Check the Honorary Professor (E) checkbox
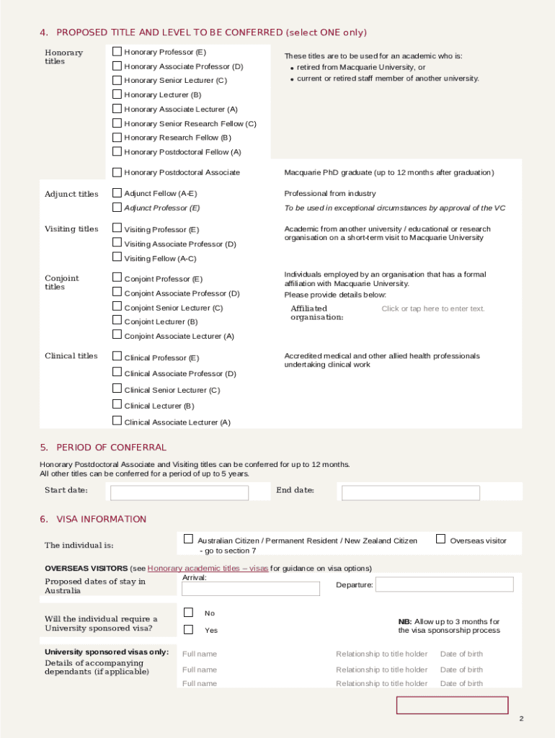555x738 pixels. (117, 52)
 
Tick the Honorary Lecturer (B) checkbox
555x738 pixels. (117, 94)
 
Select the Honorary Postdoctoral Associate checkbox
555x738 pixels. (117, 172)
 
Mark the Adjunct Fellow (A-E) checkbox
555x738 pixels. (117, 193)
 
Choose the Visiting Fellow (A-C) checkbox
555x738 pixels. (117, 257)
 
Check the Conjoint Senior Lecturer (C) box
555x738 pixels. (117, 307)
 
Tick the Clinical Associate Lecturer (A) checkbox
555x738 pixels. (117, 421)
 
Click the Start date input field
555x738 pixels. (179, 493)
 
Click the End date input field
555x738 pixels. (410, 493)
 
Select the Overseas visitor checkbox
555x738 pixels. (440, 539)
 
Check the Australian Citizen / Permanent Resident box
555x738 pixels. (188, 539)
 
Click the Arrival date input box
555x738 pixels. (250, 589)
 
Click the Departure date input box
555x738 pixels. (443, 584)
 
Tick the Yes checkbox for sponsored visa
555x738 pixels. (188, 629)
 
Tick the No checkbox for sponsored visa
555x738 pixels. (188, 613)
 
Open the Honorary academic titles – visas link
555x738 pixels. (208, 568)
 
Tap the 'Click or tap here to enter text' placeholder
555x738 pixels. (433, 309)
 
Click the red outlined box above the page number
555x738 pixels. (452, 705)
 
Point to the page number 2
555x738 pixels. (521, 719)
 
